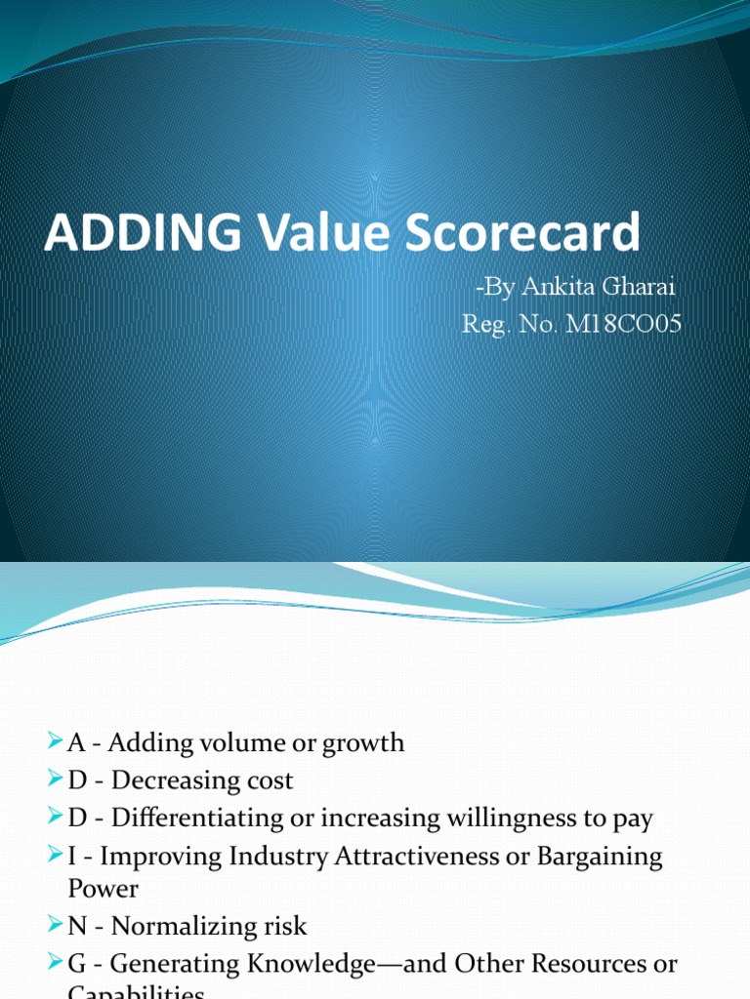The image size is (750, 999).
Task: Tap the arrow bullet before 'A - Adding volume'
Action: pos(55,743)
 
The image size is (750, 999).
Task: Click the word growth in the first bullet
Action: pos(357,743)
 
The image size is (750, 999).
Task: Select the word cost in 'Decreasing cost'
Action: pos(269,780)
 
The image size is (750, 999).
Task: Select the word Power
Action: pos(104,890)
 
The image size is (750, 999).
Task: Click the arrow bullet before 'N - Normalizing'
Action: pos(55,927)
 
